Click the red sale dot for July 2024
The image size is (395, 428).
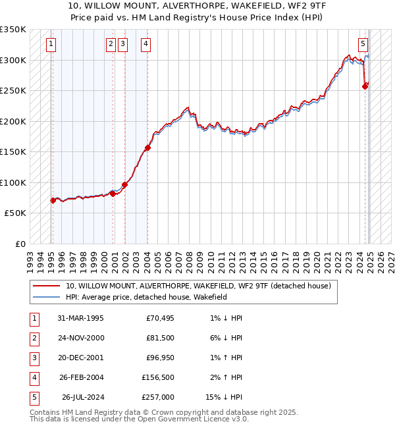[365, 86]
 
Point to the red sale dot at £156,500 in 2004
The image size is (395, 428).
[147, 147]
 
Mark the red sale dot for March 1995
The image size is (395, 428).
[53, 200]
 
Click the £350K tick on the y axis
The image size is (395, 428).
[13, 30]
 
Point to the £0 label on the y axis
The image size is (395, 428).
[20, 244]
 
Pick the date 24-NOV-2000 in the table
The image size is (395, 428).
[81, 338]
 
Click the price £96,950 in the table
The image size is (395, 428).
[159, 358]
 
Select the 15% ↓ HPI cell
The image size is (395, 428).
[224, 397]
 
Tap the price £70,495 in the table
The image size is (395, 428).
[159, 318]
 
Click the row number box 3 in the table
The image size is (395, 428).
[34, 358]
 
